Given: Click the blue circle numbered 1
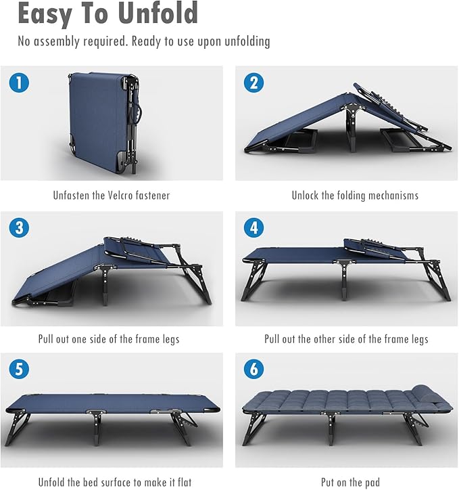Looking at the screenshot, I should pos(19,83).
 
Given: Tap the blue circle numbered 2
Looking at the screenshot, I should pos(253,83).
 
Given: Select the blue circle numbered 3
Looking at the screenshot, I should pos(19,228).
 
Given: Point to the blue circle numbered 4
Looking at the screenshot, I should pos(253,228).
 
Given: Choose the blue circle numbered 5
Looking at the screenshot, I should pos(19,370).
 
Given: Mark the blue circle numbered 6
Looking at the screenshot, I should pos(253,370).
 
